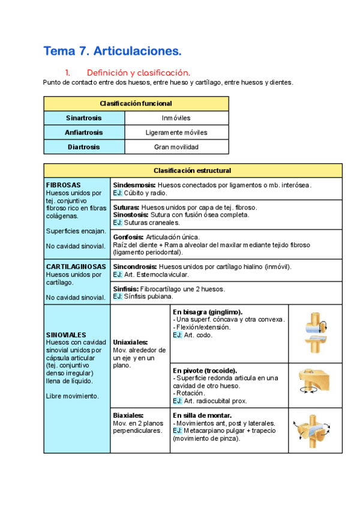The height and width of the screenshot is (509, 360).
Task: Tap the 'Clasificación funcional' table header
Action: pyautogui.click(x=136, y=103)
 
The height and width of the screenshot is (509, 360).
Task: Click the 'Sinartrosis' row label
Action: pyautogui.click(x=83, y=118)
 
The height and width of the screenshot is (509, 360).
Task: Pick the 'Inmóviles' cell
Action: pyautogui.click(x=176, y=118)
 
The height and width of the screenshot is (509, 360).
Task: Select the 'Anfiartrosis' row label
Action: pyautogui.click(x=83, y=133)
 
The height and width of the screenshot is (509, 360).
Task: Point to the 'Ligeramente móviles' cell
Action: pyautogui.click(x=176, y=133)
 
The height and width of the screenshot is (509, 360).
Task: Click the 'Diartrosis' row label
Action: pyautogui.click(x=83, y=147)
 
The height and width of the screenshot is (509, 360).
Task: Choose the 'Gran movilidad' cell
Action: pyautogui.click(x=176, y=147)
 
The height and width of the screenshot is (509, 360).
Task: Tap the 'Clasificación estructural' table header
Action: pyautogui.click(x=193, y=170)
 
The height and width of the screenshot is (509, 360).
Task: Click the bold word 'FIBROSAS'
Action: pyautogui.click(x=64, y=185)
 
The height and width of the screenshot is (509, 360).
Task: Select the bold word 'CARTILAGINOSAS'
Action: pyautogui.click(x=76, y=266)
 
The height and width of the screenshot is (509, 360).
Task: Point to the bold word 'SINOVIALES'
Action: pyautogui.click(x=66, y=334)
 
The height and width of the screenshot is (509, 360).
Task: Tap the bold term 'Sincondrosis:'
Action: pyautogui.click(x=135, y=266)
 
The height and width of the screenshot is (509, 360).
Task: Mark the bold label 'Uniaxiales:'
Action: pyautogui.click(x=131, y=342)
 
